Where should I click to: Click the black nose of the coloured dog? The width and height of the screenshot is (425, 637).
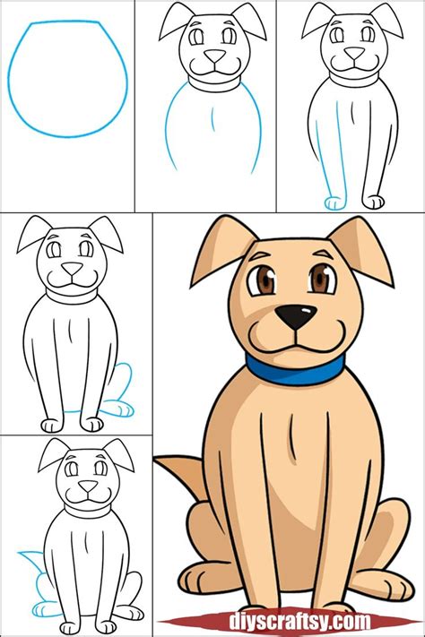point(296,317)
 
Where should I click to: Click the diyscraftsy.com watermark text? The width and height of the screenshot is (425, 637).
point(299,621)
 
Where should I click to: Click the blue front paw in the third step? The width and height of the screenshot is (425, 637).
point(334,203)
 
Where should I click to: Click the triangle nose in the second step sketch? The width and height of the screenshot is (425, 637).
point(214,56)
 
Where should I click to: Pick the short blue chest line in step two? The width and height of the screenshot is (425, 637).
point(212,120)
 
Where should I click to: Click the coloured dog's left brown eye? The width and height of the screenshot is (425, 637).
point(263,280)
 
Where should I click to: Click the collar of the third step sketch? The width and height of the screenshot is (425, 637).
point(354,79)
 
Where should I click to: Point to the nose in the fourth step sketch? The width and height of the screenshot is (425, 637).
point(73,268)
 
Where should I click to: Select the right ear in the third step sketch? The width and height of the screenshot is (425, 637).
point(386,21)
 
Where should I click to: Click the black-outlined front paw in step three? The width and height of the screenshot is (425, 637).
point(373,202)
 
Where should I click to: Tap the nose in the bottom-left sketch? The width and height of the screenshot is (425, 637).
point(88,486)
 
